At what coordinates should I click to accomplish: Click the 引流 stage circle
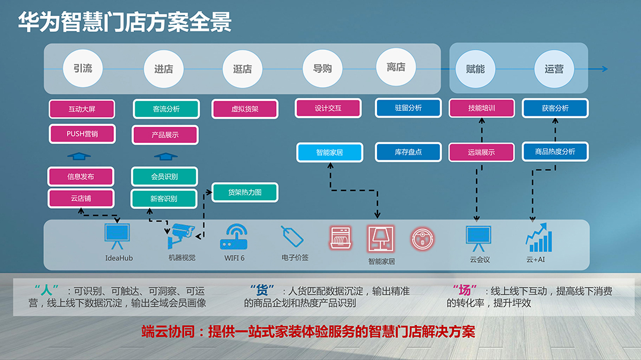click(x=82, y=68)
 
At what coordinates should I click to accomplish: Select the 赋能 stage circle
click(x=475, y=69)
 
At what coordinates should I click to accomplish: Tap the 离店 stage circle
click(x=396, y=67)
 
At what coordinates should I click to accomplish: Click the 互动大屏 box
click(x=82, y=109)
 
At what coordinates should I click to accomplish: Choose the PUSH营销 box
click(x=82, y=134)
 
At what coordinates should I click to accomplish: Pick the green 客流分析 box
click(x=166, y=109)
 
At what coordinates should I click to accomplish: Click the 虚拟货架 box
click(x=245, y=109)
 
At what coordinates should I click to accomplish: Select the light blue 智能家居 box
click(x=329, y=152)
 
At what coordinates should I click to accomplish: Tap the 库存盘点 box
click(x=408, y=152)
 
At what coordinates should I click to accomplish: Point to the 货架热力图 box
click(x=245, y=192)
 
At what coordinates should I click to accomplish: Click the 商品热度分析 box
click(x=555, y=152)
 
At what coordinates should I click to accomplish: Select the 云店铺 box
click(x=81, y=199)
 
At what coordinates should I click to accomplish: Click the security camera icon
click(x=181, y=236)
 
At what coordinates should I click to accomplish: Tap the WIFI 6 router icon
click(x=234, y=237)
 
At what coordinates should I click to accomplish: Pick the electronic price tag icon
click(x=292, y=236)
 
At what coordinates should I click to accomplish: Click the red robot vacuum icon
click(x=423, y=238)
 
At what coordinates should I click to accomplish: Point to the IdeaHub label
click(x=119, y=258)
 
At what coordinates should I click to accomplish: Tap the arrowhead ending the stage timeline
click(x=605, y=69)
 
